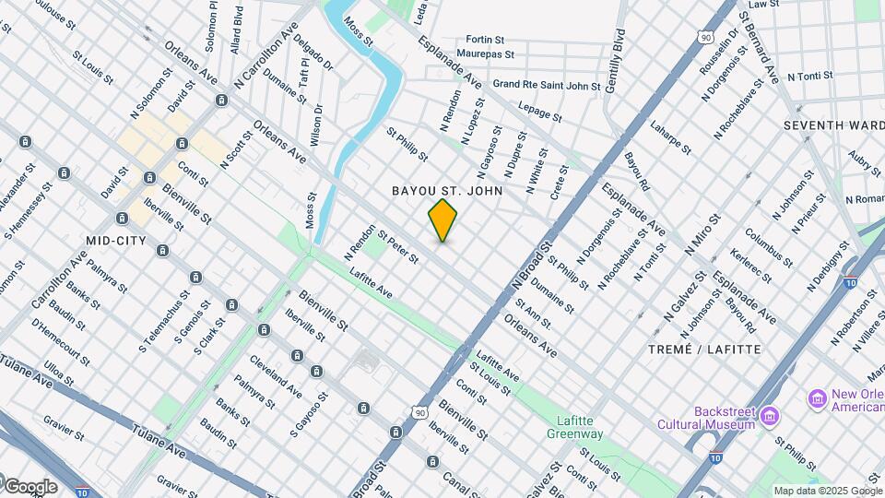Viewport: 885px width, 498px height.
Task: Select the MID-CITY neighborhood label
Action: pyautogui.click(x=116, y=241)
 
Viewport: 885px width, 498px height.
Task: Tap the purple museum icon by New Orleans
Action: pyautogui.click(x=817, y=399)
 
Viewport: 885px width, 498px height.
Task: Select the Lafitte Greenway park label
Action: pyautogui.click(x=574, y=426)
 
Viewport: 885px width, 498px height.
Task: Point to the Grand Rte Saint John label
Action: pyautogui.click(x=547, y=85)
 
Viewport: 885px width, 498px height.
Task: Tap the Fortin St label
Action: pyautogui.click(x=485, y=40)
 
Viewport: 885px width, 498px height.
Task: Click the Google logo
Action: pyautogui.click(x=29, y=486)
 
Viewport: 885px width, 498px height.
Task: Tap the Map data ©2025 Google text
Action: pyautogui.click(x=827, y=491)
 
